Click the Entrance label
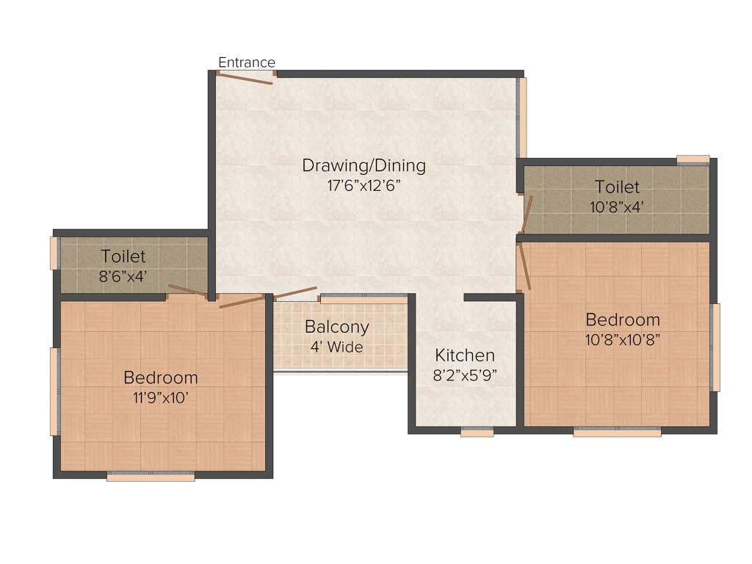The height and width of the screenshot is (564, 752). point(247,62)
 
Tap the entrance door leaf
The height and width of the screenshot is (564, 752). point(245,78)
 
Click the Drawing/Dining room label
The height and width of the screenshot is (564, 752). point(364,165)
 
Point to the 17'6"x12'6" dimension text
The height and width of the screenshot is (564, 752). point(364,185)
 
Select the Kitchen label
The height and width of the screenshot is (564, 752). point(460,355)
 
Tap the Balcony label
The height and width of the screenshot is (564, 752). point(337,327)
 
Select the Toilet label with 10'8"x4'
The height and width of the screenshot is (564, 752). point(617,187)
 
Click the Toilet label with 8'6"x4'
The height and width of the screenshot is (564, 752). point(123,257)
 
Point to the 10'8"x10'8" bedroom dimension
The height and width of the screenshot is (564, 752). point(623,340)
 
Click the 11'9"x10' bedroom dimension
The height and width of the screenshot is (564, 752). point(161,398)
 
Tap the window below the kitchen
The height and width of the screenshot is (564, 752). point(477,433)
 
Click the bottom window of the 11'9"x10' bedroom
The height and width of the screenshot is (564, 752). point(151,477)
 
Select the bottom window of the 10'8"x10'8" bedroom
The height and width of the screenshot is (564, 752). point(617,433)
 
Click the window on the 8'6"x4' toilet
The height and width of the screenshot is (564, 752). point(54,253)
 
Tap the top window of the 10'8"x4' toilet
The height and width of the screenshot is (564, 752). point(693,159)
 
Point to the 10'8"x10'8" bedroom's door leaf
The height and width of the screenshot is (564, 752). point(524,266)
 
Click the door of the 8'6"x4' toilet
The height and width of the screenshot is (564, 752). point(187,290)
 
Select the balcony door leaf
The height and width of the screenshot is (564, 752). point(294,293)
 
